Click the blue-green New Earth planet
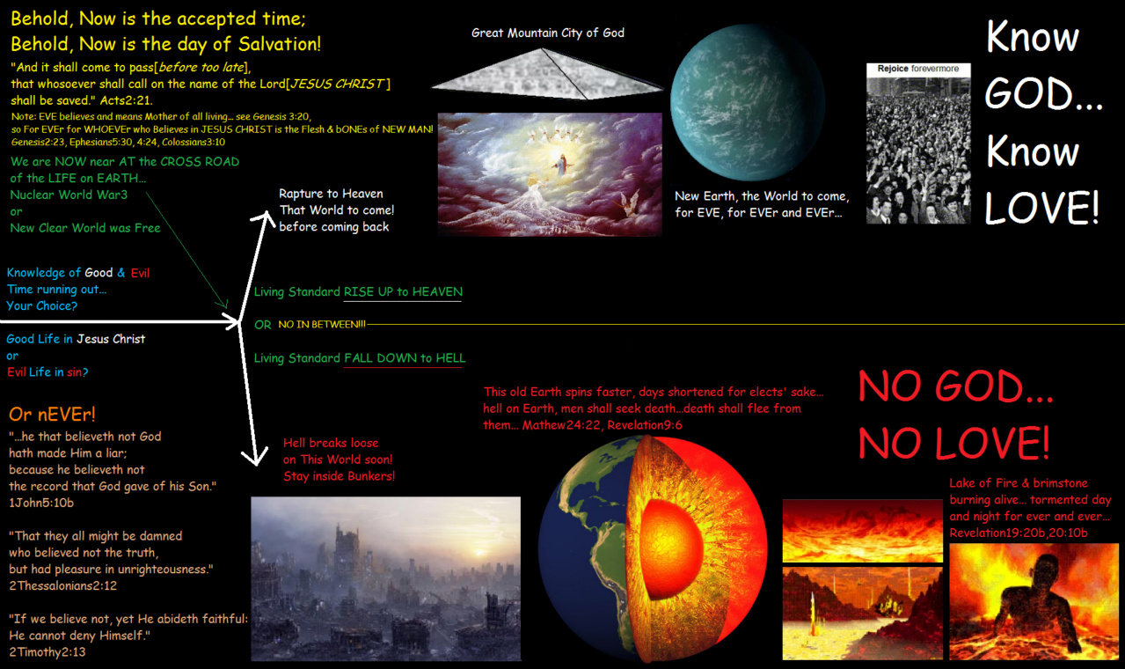click(748, 102)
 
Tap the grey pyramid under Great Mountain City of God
click(547, 75)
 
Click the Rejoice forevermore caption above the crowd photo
click(918, 69)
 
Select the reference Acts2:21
click(126, 100)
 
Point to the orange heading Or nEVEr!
click(52, 415)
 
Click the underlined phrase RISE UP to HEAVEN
click(403, 292)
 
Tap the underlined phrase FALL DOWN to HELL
click(405, 358)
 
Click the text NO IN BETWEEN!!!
click(322, 325)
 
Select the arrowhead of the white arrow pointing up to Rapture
click(265, 219)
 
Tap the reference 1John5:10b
click(41, 503)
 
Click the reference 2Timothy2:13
click(47, 652)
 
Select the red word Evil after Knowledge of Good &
click(140, 273)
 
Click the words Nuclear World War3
click(69, 195)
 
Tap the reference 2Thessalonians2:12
click(62, 585)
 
